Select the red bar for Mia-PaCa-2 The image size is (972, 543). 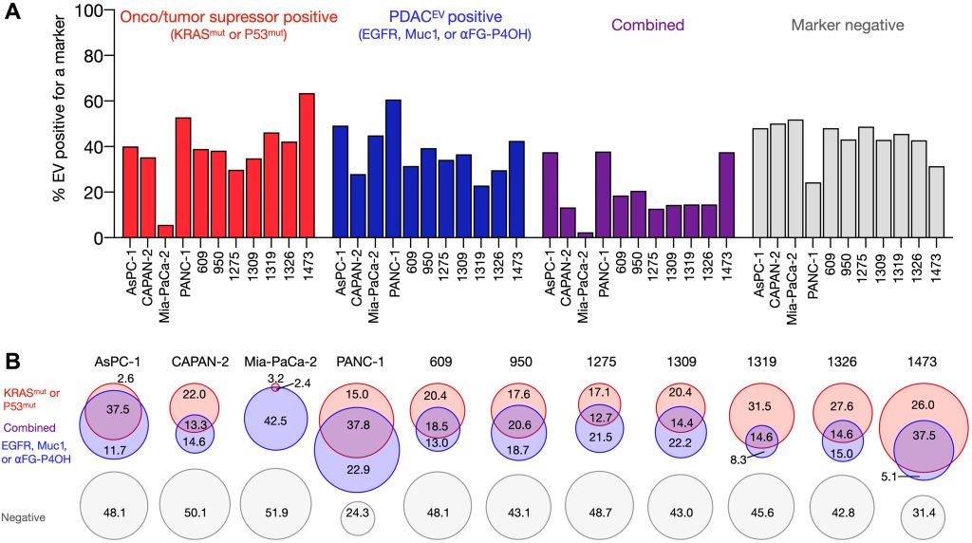[x=166, y=231]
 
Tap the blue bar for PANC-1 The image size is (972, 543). [x=392, y=168]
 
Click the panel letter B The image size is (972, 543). [x=13, y=362]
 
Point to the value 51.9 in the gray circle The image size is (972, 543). [x=274, y=512]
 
